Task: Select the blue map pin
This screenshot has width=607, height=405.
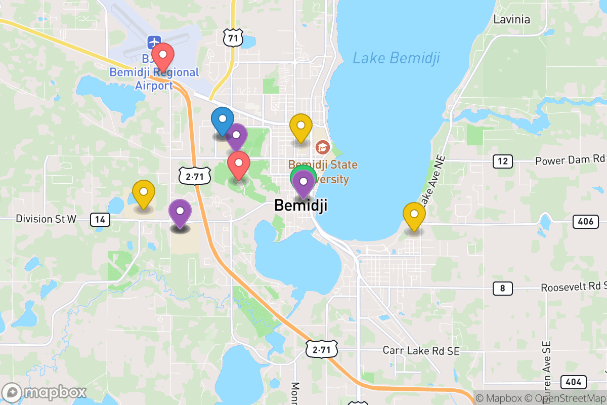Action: tap(222, 119)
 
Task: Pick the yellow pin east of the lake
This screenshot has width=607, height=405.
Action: tap(414, 214)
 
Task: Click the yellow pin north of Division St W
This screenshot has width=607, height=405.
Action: tap(144, 192)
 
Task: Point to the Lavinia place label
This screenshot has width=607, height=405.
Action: tap(511, 20)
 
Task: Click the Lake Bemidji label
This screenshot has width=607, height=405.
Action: tap(396, 58)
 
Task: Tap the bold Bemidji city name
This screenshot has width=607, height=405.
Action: tap(300, 206)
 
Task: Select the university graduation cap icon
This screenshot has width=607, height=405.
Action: tap(322, 148)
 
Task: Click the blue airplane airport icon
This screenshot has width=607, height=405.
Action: tap(153, 41)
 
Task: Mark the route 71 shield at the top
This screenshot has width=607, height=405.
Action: tap(233, 38)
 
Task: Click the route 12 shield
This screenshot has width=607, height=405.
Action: tap(502, 161)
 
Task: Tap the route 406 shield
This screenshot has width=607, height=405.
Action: tap(585, 221)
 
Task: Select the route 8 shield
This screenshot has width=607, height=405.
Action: tap(502, 289)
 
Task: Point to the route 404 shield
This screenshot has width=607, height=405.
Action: tap(573, 382)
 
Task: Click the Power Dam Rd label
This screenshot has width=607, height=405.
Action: tap(570, 160)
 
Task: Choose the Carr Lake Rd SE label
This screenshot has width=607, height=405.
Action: tap(421, 350)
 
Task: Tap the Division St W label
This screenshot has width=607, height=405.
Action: tap(46, 219)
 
